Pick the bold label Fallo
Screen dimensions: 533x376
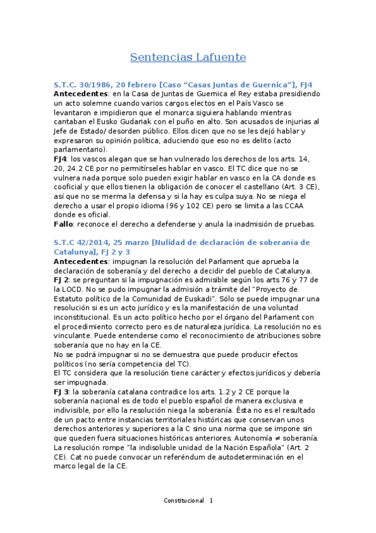(65, 224)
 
